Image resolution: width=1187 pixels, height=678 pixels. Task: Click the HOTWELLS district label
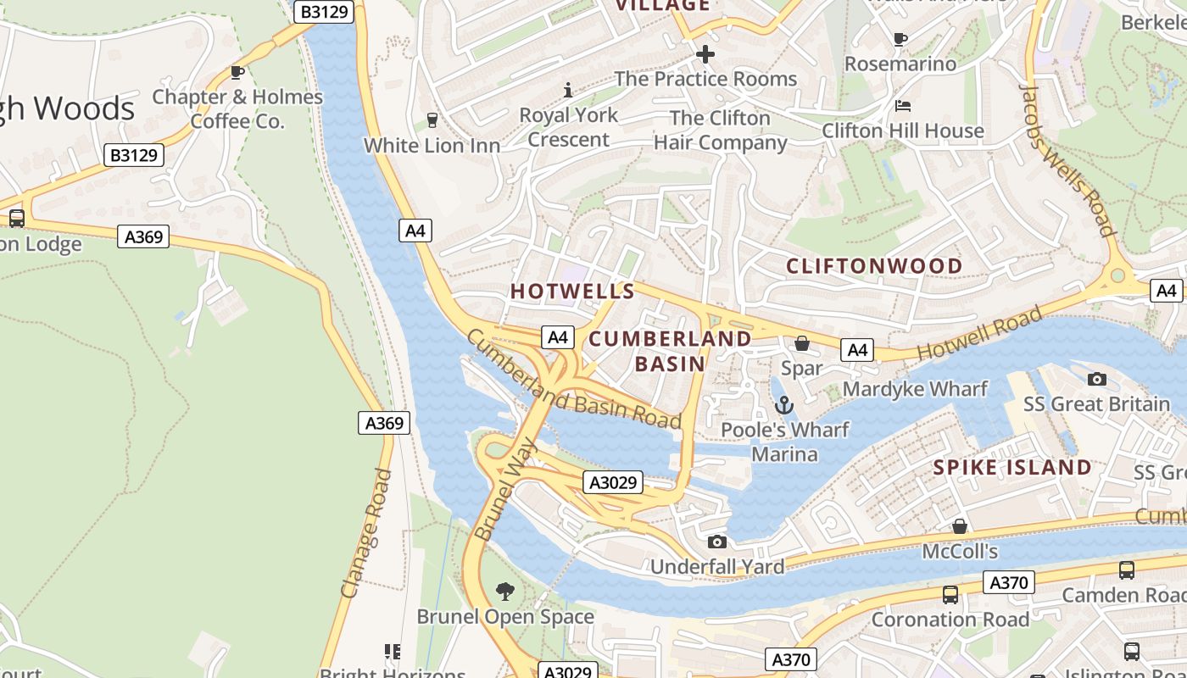coord(572,292)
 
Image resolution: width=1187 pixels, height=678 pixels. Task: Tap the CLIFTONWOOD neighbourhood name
coord(874,266)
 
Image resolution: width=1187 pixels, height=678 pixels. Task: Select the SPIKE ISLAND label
coord(1012,467)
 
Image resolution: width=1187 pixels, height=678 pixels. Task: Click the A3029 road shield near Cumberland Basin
coord(613,483)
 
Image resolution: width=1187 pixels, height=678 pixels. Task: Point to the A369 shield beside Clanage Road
coord(384,423)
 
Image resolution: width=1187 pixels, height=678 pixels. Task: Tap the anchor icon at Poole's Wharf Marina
coord(784,405)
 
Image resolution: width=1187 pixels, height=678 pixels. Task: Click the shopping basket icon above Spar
coord(801,343)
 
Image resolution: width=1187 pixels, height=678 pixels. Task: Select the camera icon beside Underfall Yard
coord(716,542)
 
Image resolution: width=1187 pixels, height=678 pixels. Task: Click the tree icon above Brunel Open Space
coord(505,591)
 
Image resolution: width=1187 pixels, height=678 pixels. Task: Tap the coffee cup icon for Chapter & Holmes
coord(237,73)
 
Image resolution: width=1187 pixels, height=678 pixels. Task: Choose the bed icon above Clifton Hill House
coord(903,106)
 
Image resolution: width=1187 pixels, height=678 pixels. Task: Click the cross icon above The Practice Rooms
coord(705,55)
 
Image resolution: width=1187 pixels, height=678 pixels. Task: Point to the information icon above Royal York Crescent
coord(568,90)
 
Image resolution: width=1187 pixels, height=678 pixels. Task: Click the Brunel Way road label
coord(506,489)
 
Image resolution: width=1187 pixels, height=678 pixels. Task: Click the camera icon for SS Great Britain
coord(1096,379)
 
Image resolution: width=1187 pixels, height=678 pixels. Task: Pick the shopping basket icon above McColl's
coord(959,527)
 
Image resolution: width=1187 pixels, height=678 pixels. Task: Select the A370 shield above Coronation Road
coord(1009,582)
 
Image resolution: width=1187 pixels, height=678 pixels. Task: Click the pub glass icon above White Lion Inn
coord(432,120)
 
